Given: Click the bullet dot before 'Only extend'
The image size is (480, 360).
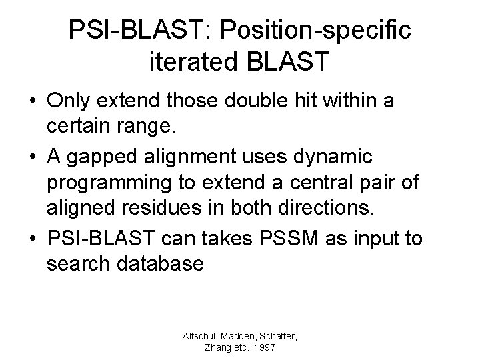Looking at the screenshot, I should pos(32,103).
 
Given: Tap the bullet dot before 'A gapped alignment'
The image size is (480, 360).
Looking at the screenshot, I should pos(32,159).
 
